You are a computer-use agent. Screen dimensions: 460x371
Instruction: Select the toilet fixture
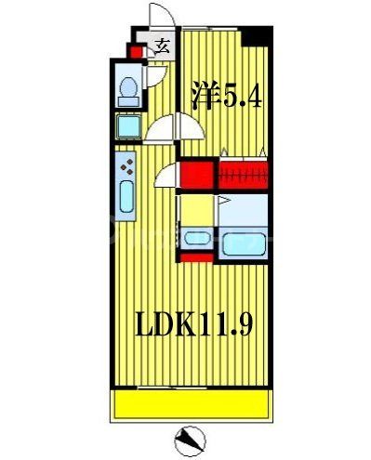click(x=129, y=90)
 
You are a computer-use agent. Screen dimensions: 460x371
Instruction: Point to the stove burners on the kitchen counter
click(x=126, y=168)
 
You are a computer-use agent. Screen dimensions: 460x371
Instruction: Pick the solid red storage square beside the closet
click(x=195, y=175)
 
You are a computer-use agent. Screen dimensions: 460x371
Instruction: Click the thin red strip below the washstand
click(x=197, y=259)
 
